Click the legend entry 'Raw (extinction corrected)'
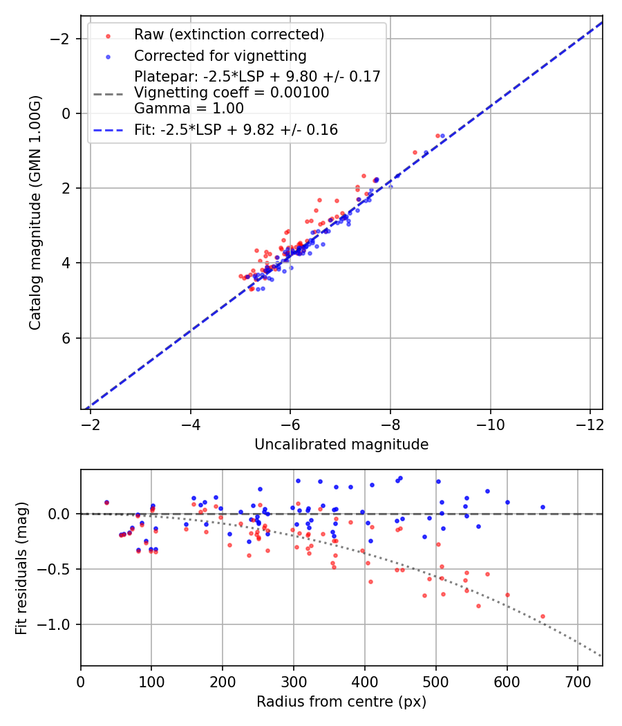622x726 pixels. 229,35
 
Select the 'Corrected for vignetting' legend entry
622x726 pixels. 220,55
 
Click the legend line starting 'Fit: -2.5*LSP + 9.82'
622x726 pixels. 236,130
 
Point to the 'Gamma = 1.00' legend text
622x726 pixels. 189,108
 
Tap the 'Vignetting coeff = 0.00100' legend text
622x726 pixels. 232,92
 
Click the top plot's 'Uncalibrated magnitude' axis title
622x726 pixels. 341,445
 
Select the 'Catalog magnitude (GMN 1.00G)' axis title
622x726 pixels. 35,212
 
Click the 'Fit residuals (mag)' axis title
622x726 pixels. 21,568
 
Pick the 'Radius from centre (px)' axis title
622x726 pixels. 341,702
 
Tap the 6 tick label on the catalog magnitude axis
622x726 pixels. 67,337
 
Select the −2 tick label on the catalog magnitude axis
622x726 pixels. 62,39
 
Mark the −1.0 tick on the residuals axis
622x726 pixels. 59,624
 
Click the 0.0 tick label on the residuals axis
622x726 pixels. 63,514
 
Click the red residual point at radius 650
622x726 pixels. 543,616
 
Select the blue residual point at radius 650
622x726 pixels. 543,507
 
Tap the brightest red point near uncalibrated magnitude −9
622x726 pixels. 437,136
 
